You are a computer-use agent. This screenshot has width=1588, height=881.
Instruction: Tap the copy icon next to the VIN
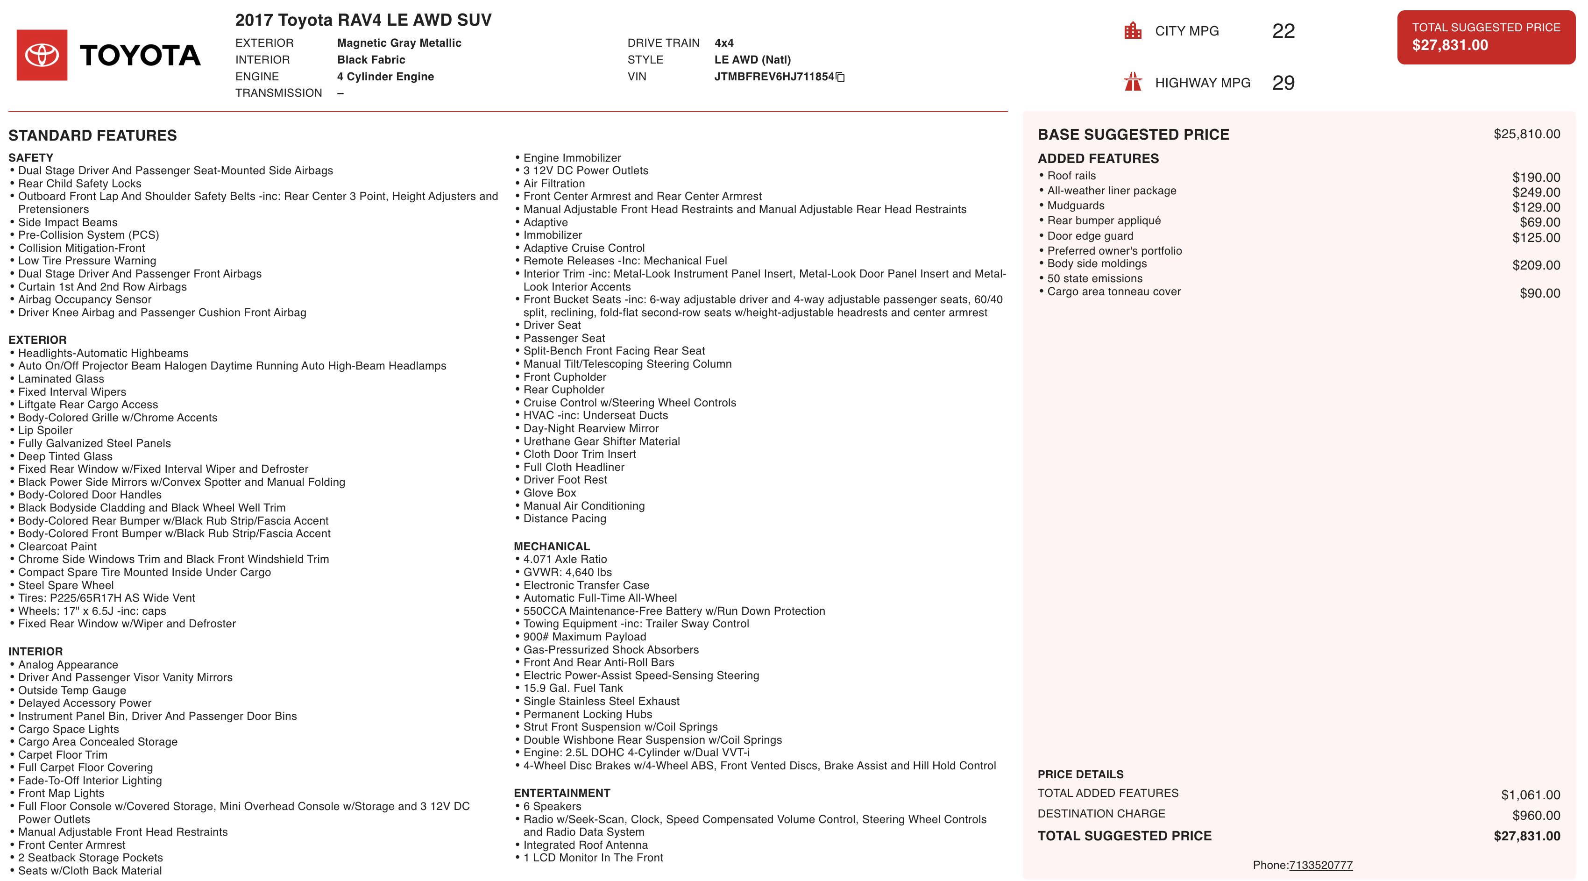click(840, 77)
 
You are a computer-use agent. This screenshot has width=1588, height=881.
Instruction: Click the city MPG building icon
click(1133, 31)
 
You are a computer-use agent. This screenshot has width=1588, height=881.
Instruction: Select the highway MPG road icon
click(1133, 82)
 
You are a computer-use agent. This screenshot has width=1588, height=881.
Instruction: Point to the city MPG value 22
click(1283, 31)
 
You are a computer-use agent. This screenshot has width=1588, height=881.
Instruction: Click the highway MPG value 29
click(1283, 83)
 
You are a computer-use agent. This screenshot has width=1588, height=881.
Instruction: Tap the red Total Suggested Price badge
click(1486, 37)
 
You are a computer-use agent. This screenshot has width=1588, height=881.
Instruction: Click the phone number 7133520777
click(1320, 865)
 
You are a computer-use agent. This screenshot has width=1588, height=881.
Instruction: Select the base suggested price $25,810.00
click(1526, 135)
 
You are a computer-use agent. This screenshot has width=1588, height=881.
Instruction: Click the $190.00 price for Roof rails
click(1536, 178)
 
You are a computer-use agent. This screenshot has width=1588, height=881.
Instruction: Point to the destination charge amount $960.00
click(1536, 816)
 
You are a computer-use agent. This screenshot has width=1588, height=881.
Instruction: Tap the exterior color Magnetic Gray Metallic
click(399, 43)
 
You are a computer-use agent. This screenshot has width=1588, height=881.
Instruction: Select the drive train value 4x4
click(724, 43)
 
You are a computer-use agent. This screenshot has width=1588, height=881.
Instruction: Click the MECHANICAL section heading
click(552, 546)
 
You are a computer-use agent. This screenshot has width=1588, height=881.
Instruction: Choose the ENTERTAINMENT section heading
click(561, 793)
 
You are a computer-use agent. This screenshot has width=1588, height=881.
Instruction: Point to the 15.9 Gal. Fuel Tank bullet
click(573, 688)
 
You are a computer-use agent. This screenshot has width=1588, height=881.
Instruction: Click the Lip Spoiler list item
click(45, 430)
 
